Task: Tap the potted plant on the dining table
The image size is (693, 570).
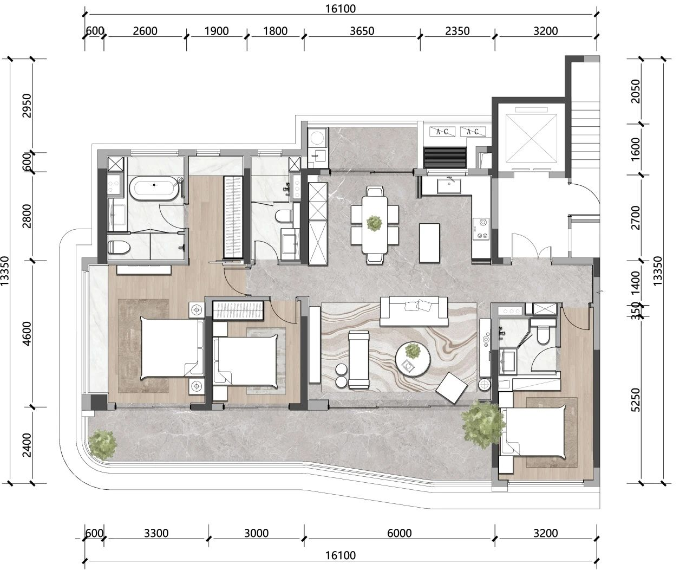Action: click(374, 223)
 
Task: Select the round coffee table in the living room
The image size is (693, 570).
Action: click(413, 359)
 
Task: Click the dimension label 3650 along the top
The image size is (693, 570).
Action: click(362, 31)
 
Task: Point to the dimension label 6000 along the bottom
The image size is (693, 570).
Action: click(399, 533)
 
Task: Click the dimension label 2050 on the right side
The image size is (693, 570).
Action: click(636, 91)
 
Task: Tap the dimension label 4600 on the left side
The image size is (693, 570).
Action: click(27, 334)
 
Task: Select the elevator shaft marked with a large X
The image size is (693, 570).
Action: click(531, 138)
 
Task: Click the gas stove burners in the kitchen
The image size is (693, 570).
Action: click(481, 229)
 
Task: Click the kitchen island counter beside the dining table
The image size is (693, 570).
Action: click(429, 243)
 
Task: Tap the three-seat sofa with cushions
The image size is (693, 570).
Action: click(414, 311)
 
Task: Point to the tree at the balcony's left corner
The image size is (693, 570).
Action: click(103, 445)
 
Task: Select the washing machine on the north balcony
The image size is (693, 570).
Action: click(317, 138)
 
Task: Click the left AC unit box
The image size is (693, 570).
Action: click(442, 132)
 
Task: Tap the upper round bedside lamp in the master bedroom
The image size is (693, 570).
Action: click(197, 310)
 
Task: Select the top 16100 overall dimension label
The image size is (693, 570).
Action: click(341, 9)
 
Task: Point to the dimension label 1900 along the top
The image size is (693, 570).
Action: click(217, 31)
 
